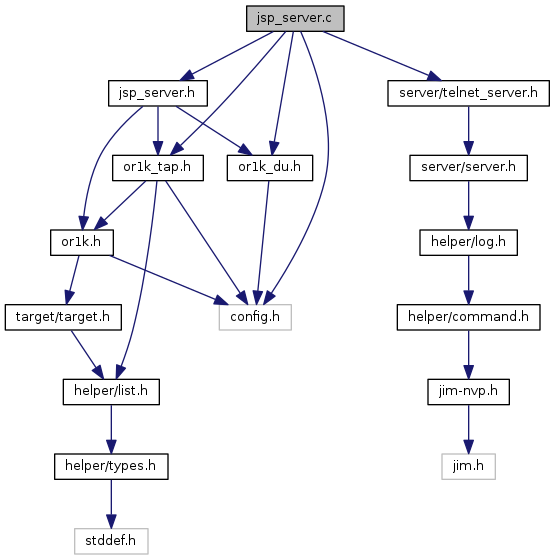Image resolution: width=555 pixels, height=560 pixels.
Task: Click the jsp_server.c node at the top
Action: (x=295, y=18)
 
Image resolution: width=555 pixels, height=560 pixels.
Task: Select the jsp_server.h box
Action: (x=158, y=93)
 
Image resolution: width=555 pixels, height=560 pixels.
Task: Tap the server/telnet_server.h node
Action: (x=468, y=93)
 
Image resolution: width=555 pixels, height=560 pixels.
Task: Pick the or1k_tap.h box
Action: (x=158, y=168)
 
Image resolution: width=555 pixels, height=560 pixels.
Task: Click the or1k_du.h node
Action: (x=270, y=168)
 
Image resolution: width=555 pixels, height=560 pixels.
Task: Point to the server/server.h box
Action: (x=468, y=168)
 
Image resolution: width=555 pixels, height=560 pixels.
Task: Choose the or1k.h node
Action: (x=82, y=242)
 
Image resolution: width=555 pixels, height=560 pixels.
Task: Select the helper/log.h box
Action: (x=468, y=242)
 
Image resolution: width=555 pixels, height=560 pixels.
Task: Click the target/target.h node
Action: (x=63, y=317)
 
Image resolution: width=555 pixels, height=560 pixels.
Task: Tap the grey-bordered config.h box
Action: (x=255, y=317)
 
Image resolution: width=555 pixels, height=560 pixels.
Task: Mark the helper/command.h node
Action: (x=468, y=317)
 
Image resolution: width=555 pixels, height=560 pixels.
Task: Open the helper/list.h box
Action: (x=111, y=392)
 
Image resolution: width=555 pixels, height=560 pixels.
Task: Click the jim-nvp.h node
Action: (x=468, y=392)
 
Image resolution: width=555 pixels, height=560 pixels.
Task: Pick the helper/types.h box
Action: (x=111, y=466)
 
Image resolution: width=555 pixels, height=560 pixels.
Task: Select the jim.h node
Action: (x=468, y=466)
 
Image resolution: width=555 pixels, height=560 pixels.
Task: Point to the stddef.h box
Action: (x=111, y=541)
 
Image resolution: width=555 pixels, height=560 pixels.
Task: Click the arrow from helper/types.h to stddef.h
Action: (x=111, y=504)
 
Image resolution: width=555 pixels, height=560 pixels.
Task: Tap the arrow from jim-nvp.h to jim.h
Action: (x=468, y=429)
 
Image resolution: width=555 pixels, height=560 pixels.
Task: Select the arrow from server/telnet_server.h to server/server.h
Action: (x=468, y=130)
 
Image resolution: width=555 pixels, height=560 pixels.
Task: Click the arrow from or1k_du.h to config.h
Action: (x=263, y=242)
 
